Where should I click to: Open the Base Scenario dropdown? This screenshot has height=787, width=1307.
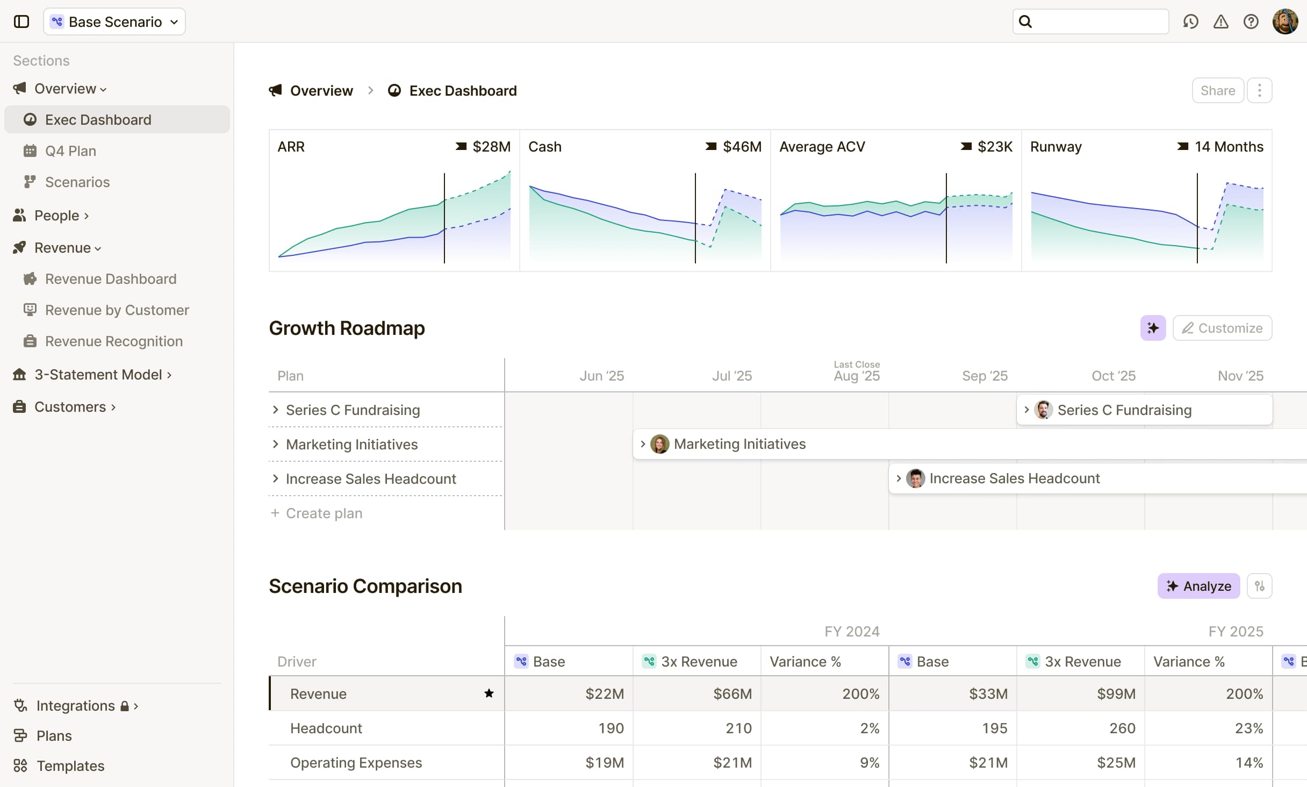tap(114, 22)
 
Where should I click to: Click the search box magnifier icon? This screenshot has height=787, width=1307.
tap(1025, 22)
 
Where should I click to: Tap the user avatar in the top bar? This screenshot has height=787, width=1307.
tap(1285, 22)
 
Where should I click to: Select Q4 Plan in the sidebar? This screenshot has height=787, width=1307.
tap(70, 151)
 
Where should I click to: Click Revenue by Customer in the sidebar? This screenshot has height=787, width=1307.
tap(117, 310)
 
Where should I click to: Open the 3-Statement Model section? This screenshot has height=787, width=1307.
tap(98, 375)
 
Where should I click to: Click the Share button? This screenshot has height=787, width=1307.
tap(1217, 90)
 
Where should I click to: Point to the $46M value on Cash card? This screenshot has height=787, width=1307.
tap(742, 147)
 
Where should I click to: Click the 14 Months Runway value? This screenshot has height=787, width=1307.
tap(1229, 147)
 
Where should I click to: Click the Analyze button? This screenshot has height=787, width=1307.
tap(1198, 586)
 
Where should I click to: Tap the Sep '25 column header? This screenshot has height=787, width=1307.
tap(985, 376)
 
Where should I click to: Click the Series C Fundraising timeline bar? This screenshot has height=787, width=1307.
tap(1144, 410)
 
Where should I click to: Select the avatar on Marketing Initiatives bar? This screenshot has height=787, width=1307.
tap(659, 444)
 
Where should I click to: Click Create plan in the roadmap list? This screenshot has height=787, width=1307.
tap(324, 513)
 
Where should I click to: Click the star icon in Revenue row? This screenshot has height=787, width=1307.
tap(489, 693)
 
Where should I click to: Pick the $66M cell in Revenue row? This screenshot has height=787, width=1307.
tap(732, 694)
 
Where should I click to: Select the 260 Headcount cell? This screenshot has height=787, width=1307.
tap(1122, 728)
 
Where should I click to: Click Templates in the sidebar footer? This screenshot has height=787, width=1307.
tap(70, 766)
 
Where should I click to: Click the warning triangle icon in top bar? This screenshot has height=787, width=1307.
tap(1220, 22)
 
